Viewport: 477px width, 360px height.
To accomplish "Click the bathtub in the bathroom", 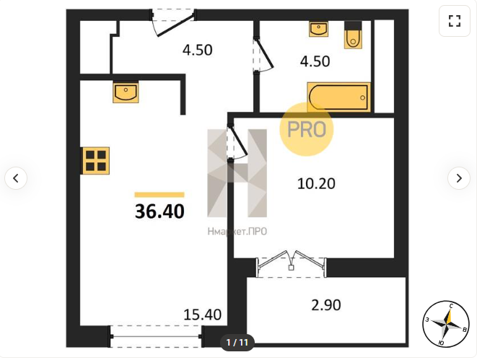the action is click(x=338, y=97).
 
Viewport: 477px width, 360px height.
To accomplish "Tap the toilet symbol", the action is click(x=353, y=35).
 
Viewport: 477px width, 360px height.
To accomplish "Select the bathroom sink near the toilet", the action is click(x=318, y=29).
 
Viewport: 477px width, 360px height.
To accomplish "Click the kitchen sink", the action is click(x=126, y=92).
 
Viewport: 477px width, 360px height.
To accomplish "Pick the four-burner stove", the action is click(x=95, y=161).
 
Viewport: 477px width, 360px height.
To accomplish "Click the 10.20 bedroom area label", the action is click(x=316, y=184).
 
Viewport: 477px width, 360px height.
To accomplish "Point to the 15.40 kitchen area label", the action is click(x=202, y=315).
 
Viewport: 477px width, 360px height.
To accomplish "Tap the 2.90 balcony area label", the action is click(x=325, y=305).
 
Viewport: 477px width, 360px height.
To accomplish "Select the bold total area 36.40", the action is click(x=159, y=211).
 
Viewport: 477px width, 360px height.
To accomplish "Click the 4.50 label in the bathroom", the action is click(x=315, y=61).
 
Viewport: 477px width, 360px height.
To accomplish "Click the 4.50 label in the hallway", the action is click(x=198, y=50).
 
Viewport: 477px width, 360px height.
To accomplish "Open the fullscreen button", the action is click(x=455, y=21).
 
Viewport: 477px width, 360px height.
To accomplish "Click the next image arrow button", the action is click(x=459, y=178).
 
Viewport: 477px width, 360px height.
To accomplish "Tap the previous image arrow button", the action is click(x=16, y=178).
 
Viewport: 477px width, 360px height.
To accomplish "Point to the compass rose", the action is click(x=446, y=325).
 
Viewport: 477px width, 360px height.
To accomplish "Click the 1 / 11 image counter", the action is click(x=237, y=343).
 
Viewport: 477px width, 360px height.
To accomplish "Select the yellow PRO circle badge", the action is click(x=307, y=129).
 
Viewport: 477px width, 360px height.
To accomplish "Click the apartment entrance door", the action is click(x=174, y=22).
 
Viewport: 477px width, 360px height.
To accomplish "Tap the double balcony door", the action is click(x=291, y=263).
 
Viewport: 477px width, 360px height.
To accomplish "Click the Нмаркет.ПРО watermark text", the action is click(x=237, y=232).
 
